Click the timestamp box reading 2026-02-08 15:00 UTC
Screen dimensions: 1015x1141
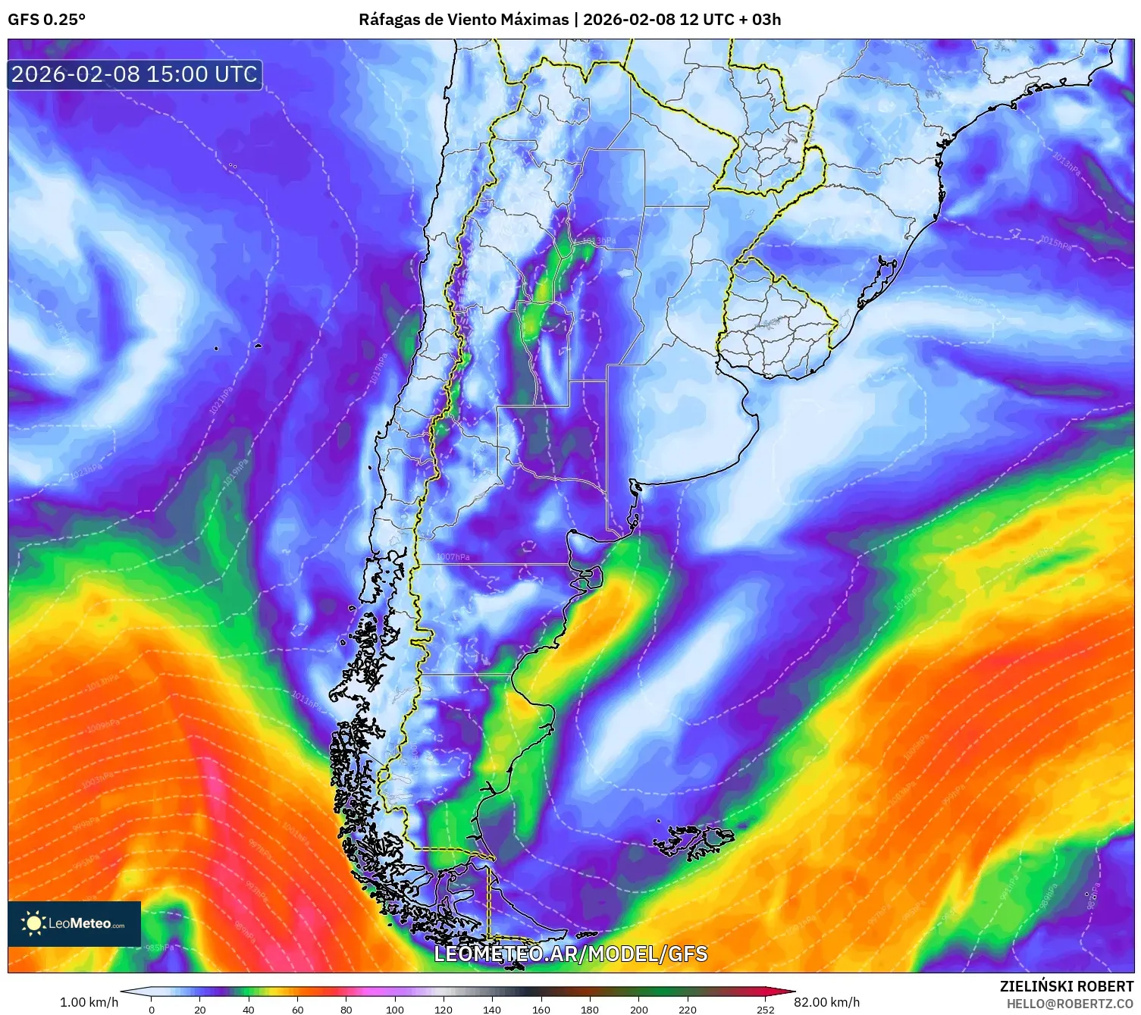click(x=135, y=74)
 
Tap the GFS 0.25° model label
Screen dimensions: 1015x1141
click(x=46, y=20)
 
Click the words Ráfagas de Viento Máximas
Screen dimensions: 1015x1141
click(x=463, y=20)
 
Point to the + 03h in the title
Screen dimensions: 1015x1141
click(x=760, y=20)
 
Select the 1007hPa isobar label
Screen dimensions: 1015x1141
click(x=453, y=557)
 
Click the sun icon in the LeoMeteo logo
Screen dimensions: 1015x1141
click(x=33, y=923)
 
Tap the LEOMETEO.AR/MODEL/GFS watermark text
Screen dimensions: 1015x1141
click(x=570, y=954)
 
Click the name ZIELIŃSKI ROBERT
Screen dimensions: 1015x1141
click(x=1066, y=986)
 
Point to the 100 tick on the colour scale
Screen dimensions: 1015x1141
click(x=395, y=1009)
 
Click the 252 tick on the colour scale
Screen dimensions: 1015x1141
click(x=766, y=1009)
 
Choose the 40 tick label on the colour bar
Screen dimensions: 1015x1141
click(x=249, y=1009)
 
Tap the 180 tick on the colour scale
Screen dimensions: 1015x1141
click(x=589, y=1009)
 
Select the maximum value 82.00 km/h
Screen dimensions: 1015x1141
click(x=826, y=1002)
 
